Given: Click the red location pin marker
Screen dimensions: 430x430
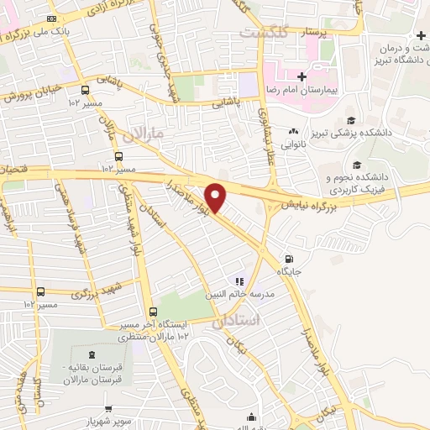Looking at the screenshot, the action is click(x=216, y=197).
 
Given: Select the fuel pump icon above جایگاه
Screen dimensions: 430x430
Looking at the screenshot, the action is click(x=290, y=260).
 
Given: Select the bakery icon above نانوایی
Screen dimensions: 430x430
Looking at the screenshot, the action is click(x=294, y=131).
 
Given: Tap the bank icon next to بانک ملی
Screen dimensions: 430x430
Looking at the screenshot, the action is click(x=52, y=18).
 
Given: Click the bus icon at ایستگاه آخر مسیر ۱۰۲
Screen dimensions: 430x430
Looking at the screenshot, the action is click(x=152, y=311).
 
